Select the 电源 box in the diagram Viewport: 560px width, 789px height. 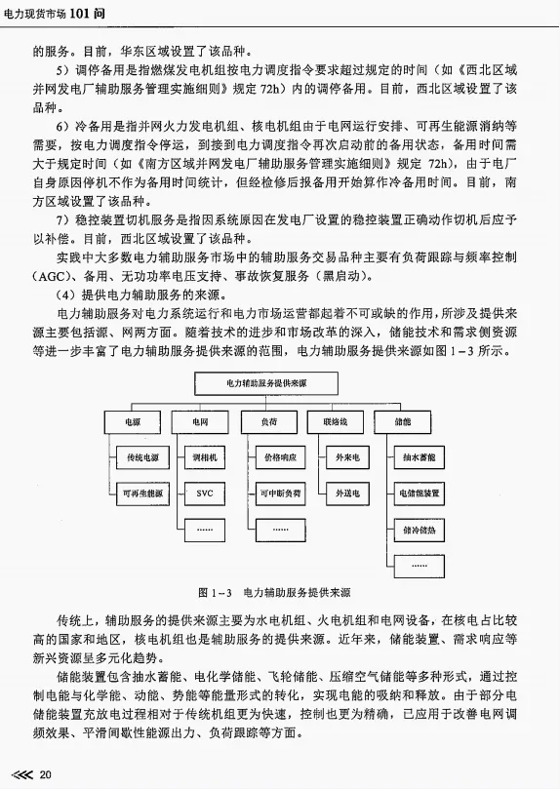(132, 421)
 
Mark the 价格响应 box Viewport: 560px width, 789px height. (279, 456)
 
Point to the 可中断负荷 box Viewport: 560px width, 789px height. (279, 493)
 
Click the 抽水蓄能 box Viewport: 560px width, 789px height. (420, 456)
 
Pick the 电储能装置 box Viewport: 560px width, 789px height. (420, 493)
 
